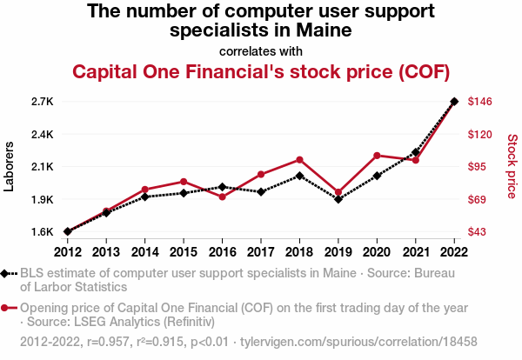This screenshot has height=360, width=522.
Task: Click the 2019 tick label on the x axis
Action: (338, 252)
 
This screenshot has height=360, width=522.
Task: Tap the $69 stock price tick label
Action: (478, 200)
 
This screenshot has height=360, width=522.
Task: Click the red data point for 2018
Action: (299, 160)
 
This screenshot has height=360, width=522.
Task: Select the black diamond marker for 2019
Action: (338, 199)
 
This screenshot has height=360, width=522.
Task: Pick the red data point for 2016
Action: (222, 197)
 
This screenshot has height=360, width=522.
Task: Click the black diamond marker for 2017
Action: (261, 191)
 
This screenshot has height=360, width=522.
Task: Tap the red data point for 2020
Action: (377, 156)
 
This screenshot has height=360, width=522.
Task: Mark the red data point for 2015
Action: (184, 181)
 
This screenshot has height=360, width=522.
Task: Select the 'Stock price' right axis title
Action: (512, 165)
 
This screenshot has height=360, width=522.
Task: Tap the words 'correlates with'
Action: (261, 50)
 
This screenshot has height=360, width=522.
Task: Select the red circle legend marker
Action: (6, 308)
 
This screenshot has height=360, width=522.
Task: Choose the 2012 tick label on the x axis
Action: (67, 252)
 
